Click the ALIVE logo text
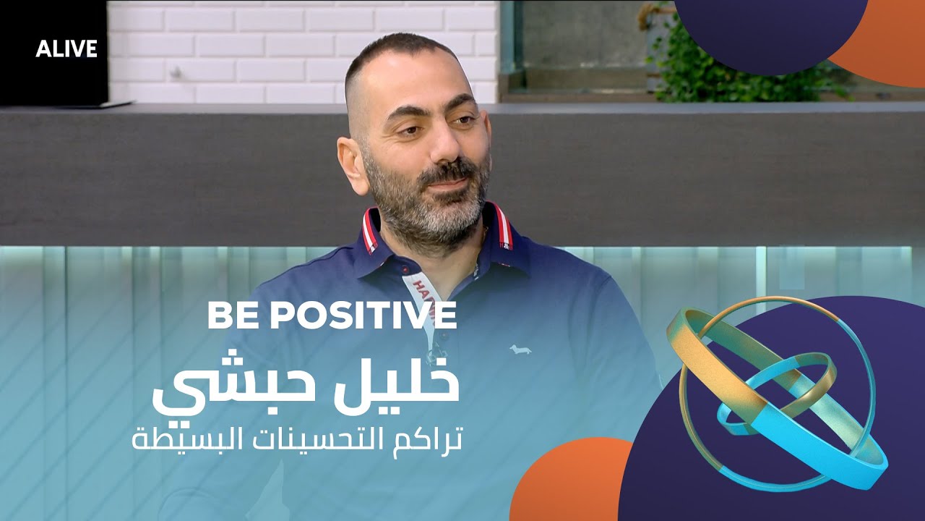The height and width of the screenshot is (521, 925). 66,48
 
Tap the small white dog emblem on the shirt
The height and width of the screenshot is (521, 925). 520,349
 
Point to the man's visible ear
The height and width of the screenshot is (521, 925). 352,162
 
